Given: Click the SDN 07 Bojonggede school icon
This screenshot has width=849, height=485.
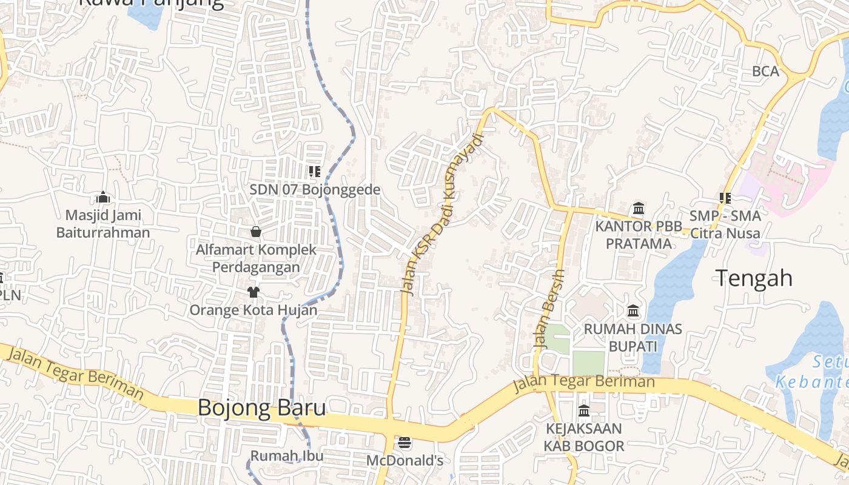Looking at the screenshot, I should [315, 172].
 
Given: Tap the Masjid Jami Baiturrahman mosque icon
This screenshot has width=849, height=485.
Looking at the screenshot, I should [103, 198].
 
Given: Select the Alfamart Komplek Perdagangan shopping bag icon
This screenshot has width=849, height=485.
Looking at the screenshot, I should [256, 232].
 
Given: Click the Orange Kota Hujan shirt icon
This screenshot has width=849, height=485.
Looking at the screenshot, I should [253, 292].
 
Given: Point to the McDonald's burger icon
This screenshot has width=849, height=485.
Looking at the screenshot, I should [404, 443].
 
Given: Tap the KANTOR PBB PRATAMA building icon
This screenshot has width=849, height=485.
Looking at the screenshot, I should [638, 209].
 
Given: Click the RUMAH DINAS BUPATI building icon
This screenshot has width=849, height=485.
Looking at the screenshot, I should [634, 312].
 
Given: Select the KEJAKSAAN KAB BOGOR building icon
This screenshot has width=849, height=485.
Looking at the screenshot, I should [584, 411].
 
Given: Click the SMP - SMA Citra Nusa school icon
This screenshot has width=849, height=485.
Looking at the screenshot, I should [725, 198].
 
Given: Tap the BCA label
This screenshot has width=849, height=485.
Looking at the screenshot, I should [765, 72].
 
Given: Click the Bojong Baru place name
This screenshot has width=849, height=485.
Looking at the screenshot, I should [262, 407].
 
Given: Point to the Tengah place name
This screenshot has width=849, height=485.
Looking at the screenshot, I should [754, 278].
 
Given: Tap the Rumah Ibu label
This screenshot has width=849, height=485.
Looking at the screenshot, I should [287, 456].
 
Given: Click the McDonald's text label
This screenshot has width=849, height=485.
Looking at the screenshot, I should [404, 461].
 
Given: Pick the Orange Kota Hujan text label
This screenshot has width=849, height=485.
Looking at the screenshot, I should [253, 310].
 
